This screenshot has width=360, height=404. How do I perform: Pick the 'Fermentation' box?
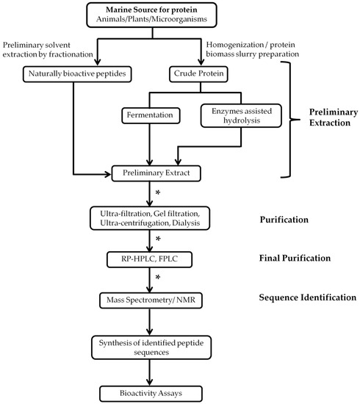coord(150,115)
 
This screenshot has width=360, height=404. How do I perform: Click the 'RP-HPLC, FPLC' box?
coord(151,259)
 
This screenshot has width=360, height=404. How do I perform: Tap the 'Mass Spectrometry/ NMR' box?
coord(151,299)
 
